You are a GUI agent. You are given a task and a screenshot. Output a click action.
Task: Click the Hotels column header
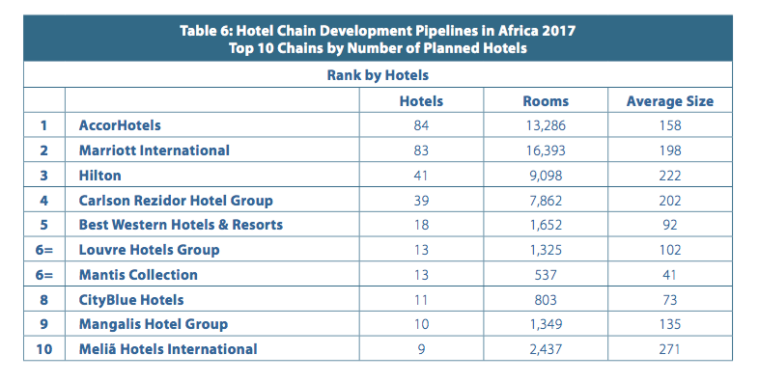point(421,101)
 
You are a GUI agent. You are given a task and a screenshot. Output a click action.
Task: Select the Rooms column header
point(546,101)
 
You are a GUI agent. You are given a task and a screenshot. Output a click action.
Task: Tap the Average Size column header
point(670,101)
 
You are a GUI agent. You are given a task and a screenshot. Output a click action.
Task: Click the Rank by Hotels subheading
point(378,75)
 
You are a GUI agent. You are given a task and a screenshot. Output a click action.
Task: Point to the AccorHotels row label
point(120,125)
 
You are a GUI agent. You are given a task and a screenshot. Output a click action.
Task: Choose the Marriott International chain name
point(155,150)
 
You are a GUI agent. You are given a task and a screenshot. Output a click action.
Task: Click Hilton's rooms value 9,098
point(546,175)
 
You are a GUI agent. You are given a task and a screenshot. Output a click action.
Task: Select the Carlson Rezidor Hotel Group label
point(176,201)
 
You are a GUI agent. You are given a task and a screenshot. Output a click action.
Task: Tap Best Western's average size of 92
point(670,225)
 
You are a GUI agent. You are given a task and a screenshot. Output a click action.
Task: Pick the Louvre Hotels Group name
point(149,250)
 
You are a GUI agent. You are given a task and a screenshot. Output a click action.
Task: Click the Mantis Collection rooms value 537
point(546,275)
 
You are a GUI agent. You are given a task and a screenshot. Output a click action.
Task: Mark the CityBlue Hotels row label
point(131,300)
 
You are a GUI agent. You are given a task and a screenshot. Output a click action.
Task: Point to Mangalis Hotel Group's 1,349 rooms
point(546,324)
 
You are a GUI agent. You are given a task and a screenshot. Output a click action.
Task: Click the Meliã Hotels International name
point(168,349)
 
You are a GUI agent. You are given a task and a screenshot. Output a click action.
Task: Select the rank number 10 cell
point(44,349)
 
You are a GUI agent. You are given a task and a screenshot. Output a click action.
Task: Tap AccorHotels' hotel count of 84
point(421,125)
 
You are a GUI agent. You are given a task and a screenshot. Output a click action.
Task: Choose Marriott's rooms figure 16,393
point(546,150)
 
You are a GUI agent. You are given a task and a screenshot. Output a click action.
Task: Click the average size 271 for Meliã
point(670,349)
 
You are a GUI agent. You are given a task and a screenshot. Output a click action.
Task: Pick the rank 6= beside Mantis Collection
point(44,275)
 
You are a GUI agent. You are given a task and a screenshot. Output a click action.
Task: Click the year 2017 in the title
point(558,31)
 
